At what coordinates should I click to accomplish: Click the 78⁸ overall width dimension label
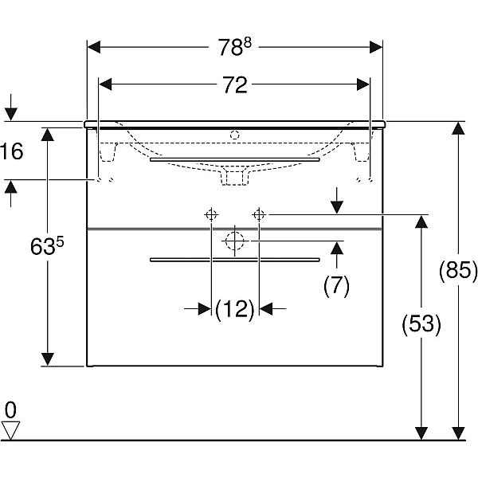click(235, 47)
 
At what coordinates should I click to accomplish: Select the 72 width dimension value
click(235, 84)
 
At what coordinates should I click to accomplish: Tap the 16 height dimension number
click(12, 151)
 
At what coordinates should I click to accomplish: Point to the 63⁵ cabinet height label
click(47, 245)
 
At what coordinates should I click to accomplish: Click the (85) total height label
click(458, 270)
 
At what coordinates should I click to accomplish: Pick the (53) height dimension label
click(421, 323)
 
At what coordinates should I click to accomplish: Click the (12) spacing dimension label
click(235, 309)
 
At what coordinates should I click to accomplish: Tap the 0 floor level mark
click(10, 410)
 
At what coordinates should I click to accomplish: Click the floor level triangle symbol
click(10, 430)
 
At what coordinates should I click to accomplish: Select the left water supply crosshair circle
click(211, 215)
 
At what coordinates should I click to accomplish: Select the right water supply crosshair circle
click(259, 215)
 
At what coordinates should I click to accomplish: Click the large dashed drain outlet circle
click(235, 241)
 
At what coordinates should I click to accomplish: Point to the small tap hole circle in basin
click(235, 135)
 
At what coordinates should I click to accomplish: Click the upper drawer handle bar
click(235, 159)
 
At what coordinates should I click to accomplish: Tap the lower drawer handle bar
click(235, 260)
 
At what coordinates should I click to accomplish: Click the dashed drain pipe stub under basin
click(235, 178)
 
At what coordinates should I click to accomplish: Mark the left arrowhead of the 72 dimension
click(105, 84)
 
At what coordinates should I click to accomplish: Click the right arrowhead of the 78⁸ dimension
click(376, 47)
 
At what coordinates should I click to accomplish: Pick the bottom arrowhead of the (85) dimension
click(458, 433)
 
